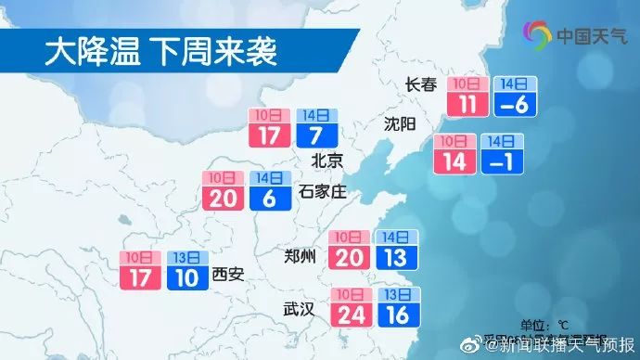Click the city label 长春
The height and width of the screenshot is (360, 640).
coord(420,85)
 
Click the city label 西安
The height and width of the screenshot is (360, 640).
coord(226,274)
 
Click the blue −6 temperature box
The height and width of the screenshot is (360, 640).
coord(513,103)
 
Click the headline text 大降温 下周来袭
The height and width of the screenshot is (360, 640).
coord(160,52)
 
